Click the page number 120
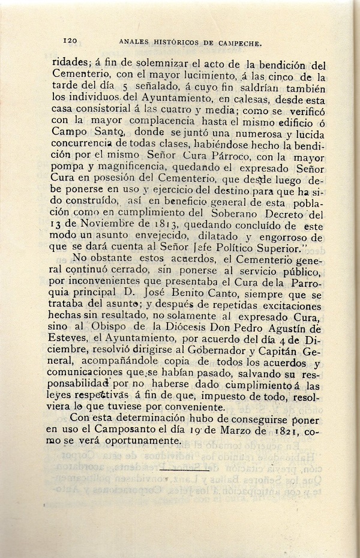(70, 40)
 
